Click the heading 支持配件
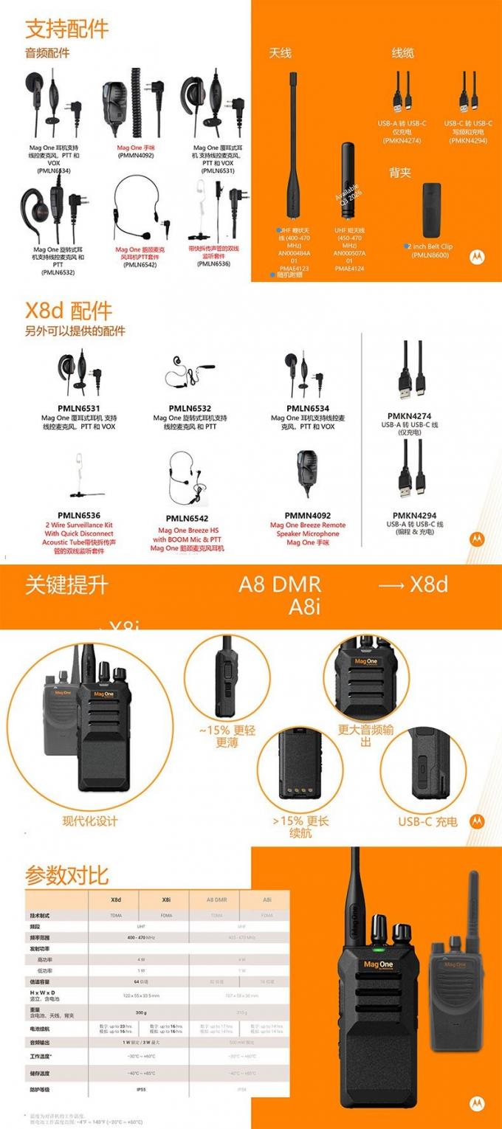tap(66, 29)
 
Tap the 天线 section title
tap(280, 52)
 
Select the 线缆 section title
tap(402, 52)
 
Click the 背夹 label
tap(400, 173)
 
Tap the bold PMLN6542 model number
tap(187, 518)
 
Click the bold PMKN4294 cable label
tap(414, 515)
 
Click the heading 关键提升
tap(66, 585)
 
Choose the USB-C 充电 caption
tap(427, 821)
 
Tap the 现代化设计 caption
tap(89, 821)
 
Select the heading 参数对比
tap(66, 875)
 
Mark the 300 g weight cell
tap(140, 1012)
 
